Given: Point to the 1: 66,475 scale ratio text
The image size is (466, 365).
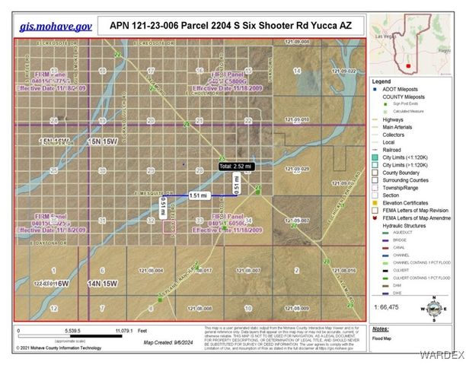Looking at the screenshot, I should coord(388,305).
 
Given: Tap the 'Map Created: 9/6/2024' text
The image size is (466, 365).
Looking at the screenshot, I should coord(164,341).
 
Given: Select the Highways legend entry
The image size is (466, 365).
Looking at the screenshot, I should coord(394,120).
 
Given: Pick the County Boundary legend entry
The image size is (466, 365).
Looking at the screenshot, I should coord(401,173).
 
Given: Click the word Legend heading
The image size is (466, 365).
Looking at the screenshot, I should coord(381,81).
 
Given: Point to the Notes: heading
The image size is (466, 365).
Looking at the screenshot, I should coord(381,328).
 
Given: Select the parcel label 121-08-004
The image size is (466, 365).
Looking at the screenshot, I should coord(151,270).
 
